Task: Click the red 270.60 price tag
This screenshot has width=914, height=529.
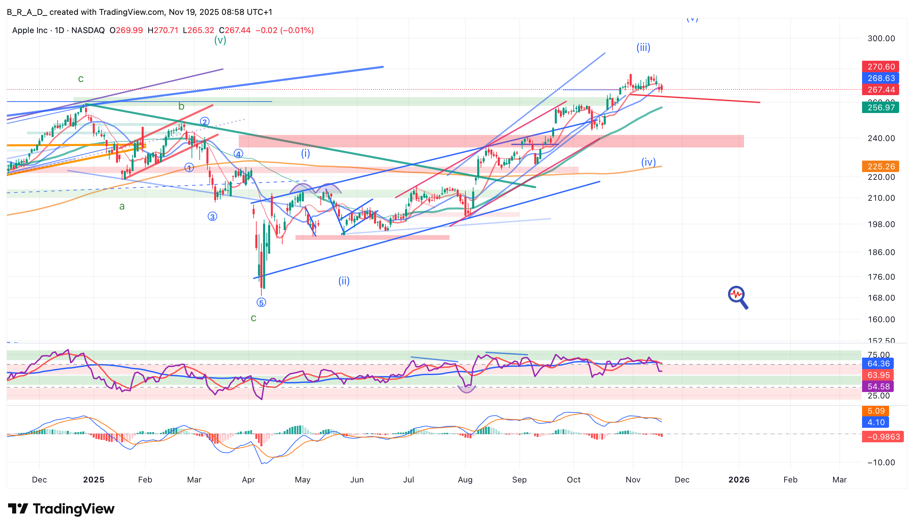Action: coord(880,67)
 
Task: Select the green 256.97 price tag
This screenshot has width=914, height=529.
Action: coord(880,107)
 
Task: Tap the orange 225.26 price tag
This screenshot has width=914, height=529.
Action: coord(880,167)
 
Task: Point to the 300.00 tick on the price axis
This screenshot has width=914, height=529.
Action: coord(881,38)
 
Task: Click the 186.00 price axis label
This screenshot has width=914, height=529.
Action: coord(881,252)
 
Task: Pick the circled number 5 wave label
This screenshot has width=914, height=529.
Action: coord(261,302)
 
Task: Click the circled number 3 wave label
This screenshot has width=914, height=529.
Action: coord(212,217)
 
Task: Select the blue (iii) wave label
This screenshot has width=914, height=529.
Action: coord(643,48)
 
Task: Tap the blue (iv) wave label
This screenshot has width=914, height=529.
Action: coord(648,162)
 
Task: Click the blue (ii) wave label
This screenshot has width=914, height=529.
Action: coord(344,281)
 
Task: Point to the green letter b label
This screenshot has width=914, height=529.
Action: coord(181,106)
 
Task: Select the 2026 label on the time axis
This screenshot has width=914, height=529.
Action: coord(739,480)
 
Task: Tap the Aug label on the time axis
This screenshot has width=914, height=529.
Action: coord(465,480)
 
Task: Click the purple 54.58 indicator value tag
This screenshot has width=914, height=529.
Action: coord(878,386)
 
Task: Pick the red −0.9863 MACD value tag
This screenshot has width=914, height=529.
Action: coord(880,437)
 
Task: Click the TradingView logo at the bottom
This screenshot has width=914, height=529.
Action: coord(61,509)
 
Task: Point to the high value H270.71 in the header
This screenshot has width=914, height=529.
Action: coord(163,30)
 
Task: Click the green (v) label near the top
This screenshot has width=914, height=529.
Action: coord(220,40)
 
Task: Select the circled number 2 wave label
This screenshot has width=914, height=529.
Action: coord(205,122)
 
